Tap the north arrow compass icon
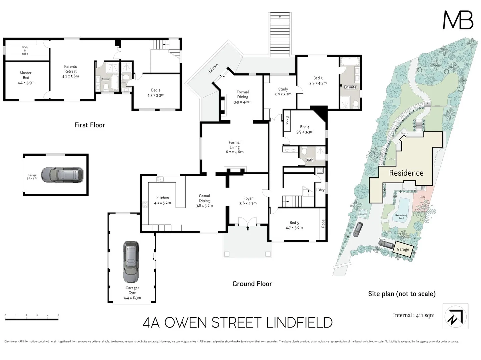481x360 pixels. pos(455,316)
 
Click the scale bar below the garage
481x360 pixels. pos(32,319)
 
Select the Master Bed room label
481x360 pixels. pos(26,78)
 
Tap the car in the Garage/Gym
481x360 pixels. pos(131,262)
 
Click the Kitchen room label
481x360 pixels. pos(162,200)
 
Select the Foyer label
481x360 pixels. pos(248,201)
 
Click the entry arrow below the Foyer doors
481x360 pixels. pos(248,228)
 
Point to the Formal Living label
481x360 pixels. pos(234,147)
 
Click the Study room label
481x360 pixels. pos(283,91)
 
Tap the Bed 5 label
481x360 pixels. pos(294,225)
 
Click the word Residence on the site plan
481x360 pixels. pos(406,173)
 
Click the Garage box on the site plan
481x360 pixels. pos(403,249)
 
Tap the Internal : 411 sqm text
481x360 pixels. pos(413,315)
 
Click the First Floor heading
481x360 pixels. pos(89,125)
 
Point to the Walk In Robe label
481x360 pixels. pos(25,50)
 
